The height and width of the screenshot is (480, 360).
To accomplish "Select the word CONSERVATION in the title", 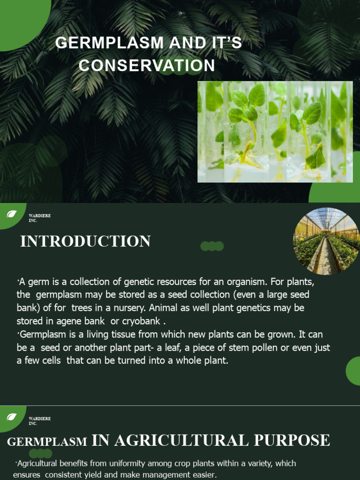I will point(147,66).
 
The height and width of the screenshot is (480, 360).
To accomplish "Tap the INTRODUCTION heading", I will point(85,241).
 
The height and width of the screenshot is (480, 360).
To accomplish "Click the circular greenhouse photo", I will point(326,241).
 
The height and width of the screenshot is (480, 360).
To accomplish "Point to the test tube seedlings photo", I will point(275,132).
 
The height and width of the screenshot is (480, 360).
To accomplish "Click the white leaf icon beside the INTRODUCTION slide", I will point(12,215).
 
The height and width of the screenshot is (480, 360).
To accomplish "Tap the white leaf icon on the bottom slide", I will point(12,417).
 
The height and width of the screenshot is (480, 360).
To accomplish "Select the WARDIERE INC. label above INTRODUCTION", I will point(39,217).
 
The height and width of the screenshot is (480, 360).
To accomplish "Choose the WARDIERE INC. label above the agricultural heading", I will point(39,420).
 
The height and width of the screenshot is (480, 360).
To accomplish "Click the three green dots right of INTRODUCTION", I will point(212,246).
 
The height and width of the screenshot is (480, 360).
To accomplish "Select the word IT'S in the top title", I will point(225,43).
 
